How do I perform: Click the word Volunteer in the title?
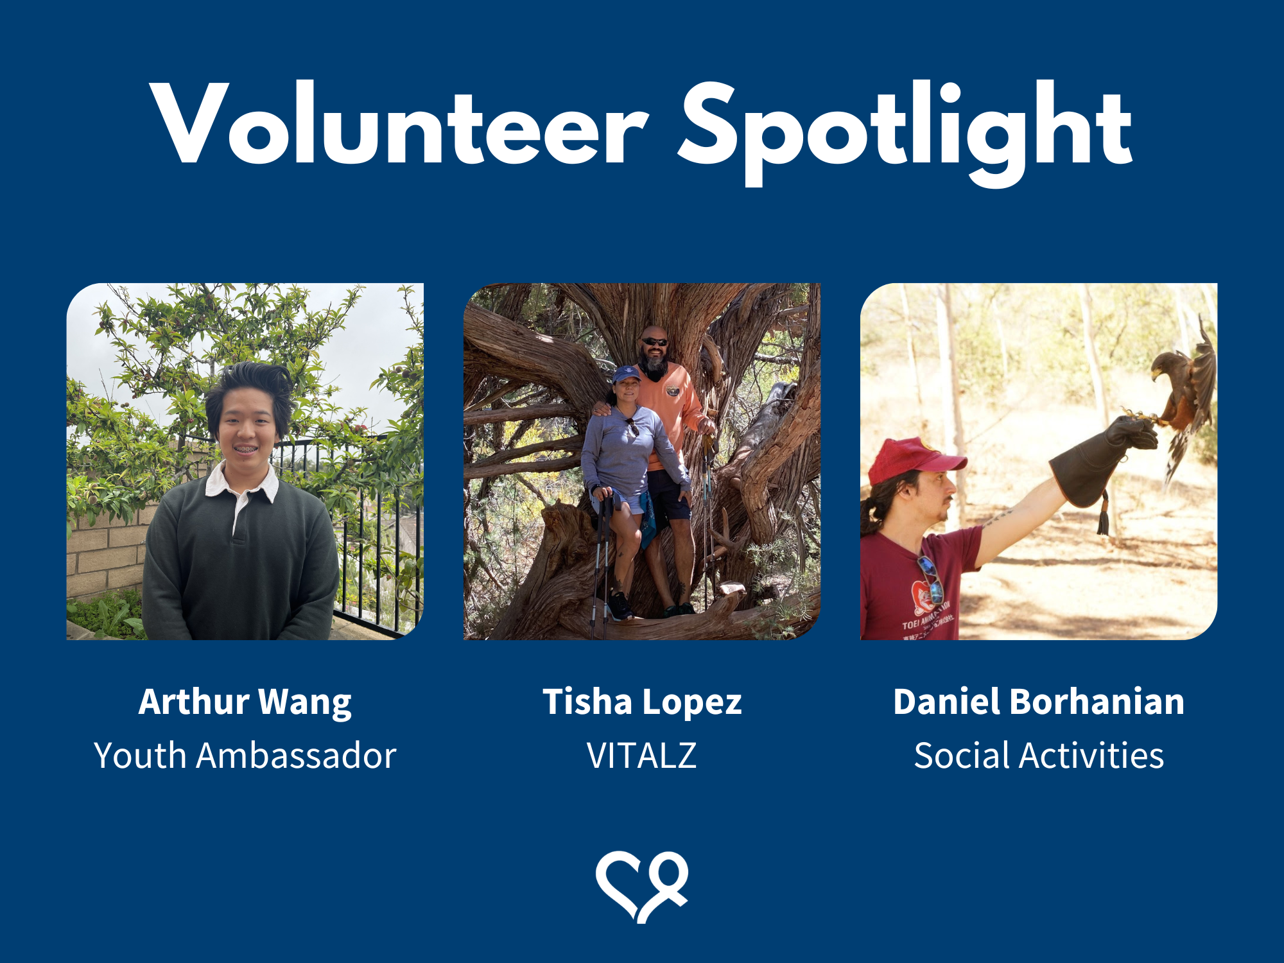[399, 123]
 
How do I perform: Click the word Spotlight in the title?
[905, 132]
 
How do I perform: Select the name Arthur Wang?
[245, 702]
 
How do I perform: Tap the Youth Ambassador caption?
[245, 755]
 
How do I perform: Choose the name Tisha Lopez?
[642, 702]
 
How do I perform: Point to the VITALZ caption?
[642, 755]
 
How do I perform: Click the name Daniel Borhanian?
[1039, 701]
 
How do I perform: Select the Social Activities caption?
[1039, 755]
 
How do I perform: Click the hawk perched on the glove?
[1184, 392]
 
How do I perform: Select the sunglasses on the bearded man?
[655, 342]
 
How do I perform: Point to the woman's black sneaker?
[620, 606]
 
